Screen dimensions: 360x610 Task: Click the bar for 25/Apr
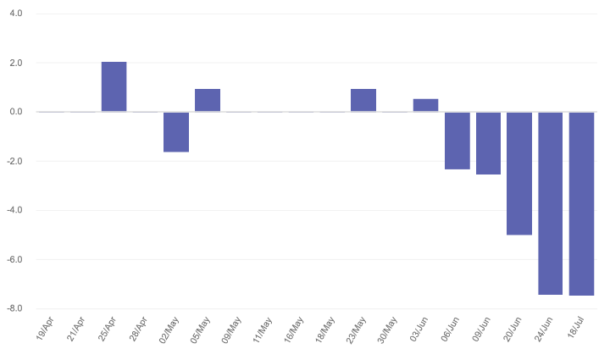click(114, 86)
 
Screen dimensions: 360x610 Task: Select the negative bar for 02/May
click(176, 131)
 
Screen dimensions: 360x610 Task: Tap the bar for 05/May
click(208, 100)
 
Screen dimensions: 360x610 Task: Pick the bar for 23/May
click(363, 100)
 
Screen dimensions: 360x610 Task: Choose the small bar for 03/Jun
click(425, 105)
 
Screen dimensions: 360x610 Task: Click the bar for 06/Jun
click(457, 141)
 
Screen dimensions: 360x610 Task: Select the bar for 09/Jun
click(488, 143)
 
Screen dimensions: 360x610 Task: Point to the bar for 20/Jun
click(519, 173)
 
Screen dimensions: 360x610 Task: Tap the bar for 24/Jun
click(551, 203)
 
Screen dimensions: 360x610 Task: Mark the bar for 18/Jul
click(581, 203)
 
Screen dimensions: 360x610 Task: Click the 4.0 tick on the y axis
click(15, 14)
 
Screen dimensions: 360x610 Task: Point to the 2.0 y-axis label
click(15, 64)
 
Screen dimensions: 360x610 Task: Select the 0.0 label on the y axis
click(15, 113)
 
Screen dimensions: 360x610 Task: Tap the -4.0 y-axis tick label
click(14, 211)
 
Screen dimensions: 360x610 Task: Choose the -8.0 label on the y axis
click(14, 309)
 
